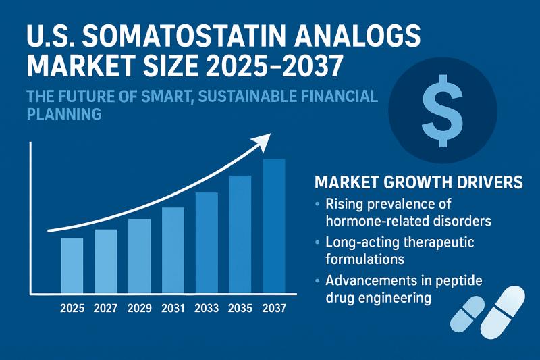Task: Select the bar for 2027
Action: click(105, 261)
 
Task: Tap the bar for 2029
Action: click(139, 256)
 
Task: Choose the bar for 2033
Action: click(207, 243)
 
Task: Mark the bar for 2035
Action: click(240, 234)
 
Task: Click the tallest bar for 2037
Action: click(274, 226)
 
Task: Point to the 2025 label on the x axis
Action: click(72, 308)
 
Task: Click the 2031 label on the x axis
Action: click(173, 308)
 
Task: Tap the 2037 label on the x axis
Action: click(274, 308)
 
